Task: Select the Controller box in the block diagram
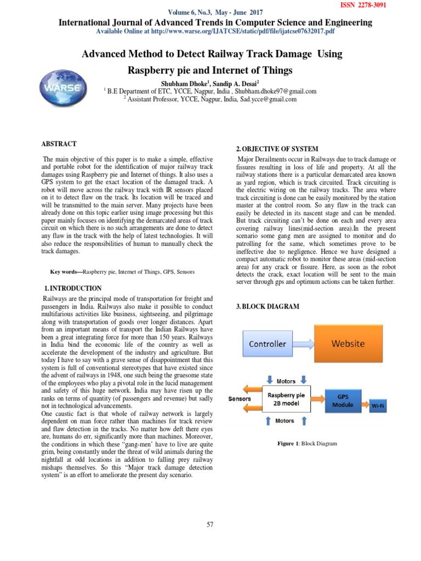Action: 268,344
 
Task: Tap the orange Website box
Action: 349,344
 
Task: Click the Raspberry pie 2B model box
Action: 286,399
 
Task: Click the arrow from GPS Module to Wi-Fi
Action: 363,407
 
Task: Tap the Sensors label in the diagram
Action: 240,399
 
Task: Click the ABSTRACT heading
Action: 59,144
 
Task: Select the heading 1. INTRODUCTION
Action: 72,288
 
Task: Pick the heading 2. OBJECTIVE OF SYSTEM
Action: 277,149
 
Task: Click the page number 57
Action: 210,524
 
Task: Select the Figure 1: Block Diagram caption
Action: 307,443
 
